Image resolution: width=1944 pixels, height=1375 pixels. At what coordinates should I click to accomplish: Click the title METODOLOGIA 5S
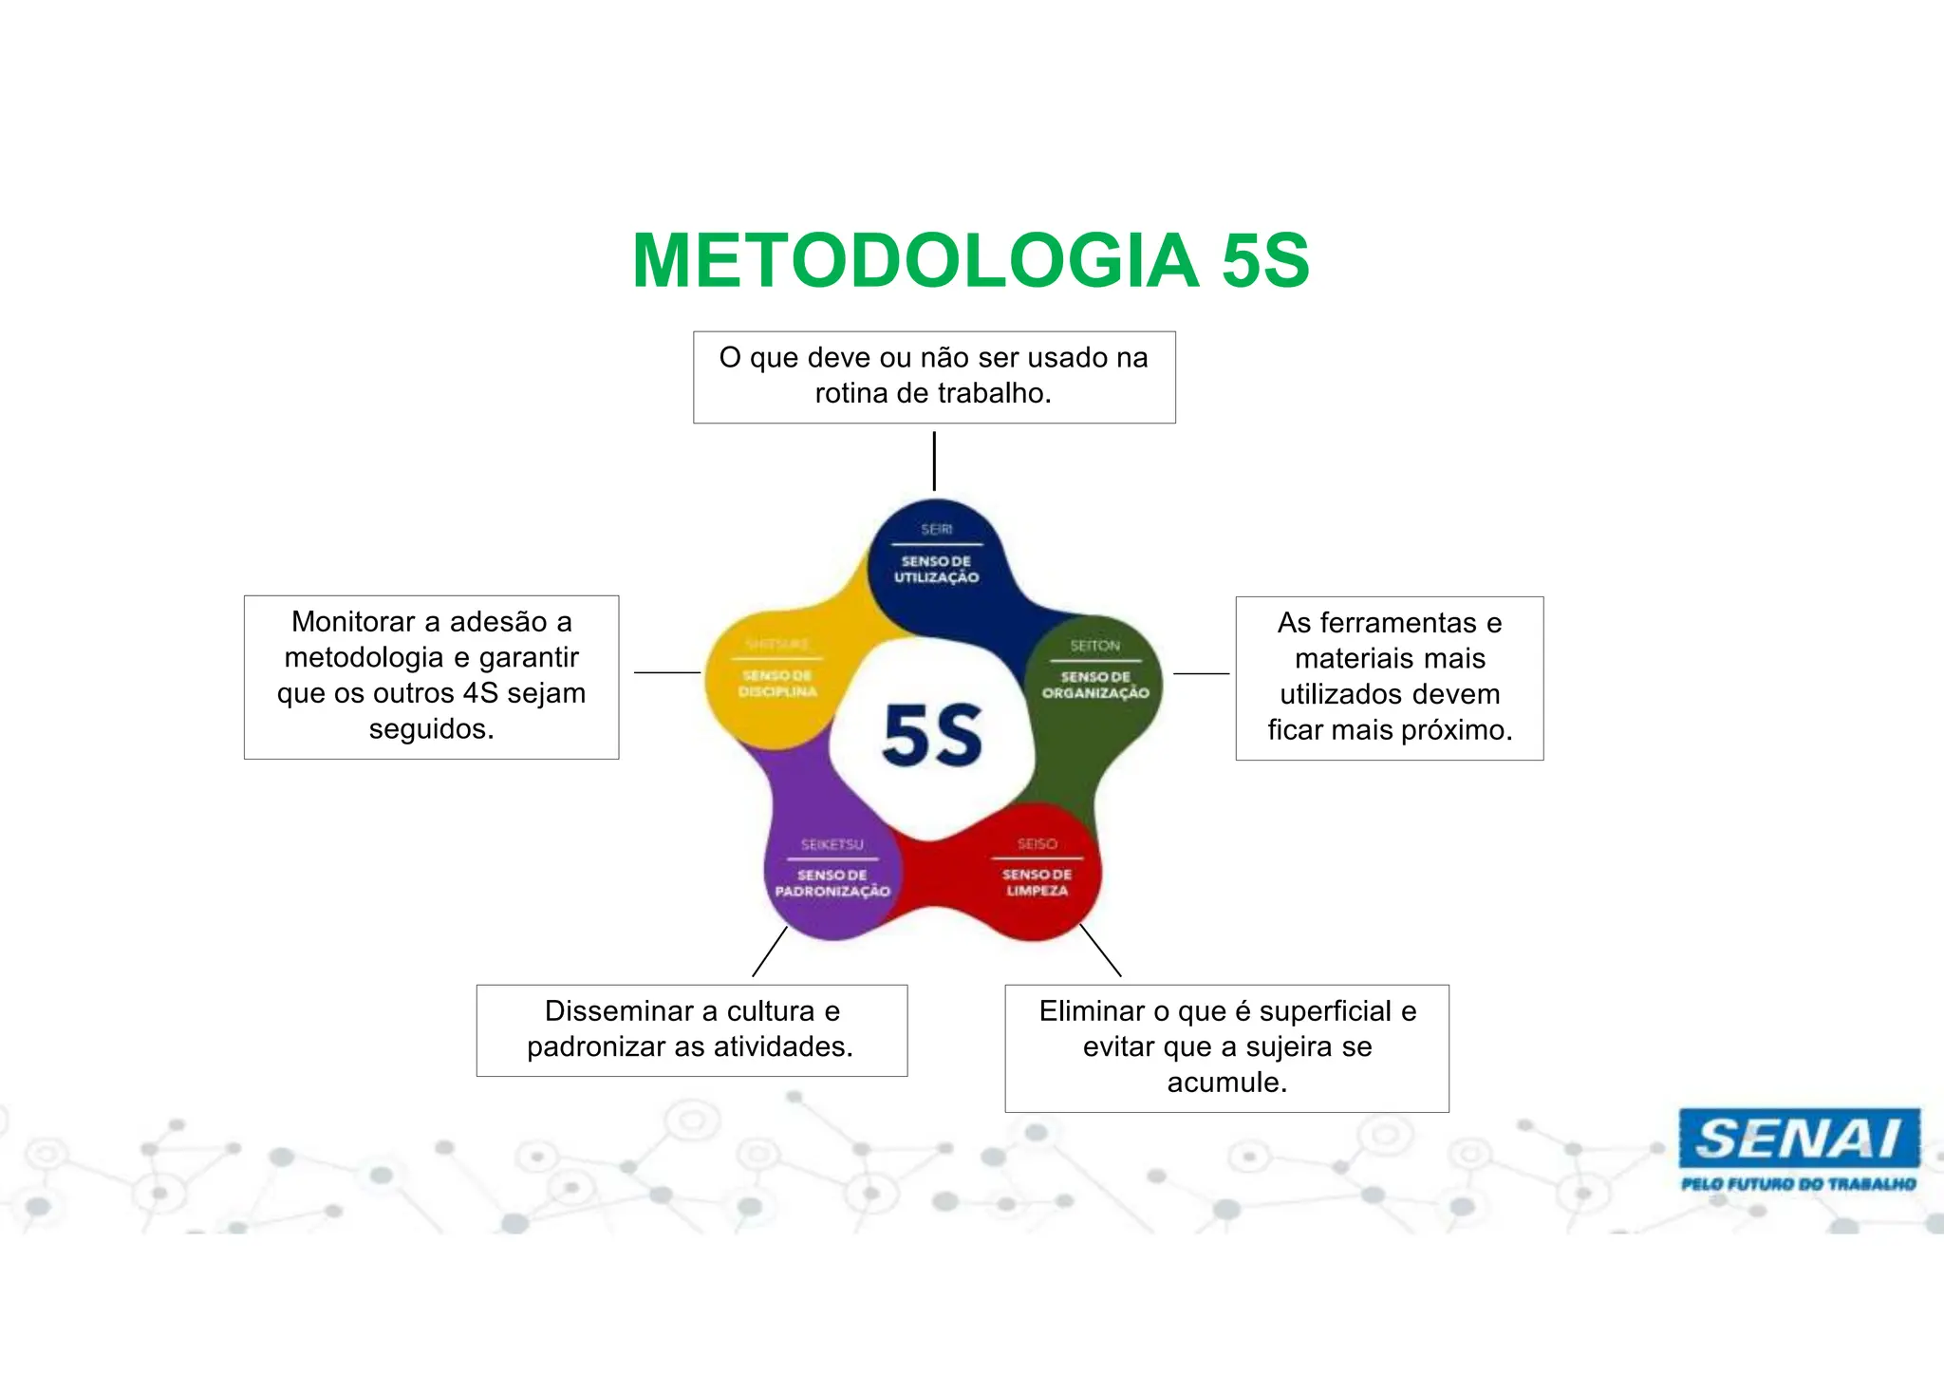coord(970,261)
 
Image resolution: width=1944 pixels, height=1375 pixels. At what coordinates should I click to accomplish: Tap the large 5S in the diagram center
coord(932,736)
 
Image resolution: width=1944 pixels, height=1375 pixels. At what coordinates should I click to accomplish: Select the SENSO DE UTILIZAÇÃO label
coord(936,570)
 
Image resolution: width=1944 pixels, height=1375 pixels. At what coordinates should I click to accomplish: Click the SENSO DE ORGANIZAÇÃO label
coord(1095,685)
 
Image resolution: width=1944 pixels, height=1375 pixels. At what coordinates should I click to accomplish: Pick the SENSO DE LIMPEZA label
coord(1037,882)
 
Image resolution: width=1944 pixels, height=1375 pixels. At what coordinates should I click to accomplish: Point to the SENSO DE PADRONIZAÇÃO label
coord(832,883)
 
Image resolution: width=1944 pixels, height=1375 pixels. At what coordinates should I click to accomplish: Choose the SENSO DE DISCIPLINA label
coord(777,684)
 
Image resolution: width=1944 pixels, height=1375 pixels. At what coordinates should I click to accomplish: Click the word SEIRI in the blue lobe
coord(936,529)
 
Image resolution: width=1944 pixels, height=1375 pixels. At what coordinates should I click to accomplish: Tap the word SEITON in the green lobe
coord(1095,646)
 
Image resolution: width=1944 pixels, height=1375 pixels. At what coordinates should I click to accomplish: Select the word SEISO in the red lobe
coord(1037,843)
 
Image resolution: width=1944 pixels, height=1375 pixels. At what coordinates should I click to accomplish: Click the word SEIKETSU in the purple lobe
coord(832,844)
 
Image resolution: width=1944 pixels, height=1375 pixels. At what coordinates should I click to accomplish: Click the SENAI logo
coord(1798,1139)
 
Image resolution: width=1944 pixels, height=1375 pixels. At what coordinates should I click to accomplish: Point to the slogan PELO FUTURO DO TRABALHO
coord(1798,1184)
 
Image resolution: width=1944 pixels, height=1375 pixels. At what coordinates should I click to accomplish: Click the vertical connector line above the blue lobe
coord(934,461)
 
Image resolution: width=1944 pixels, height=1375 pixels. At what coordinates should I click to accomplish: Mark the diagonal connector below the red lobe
coord(1100,950)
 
